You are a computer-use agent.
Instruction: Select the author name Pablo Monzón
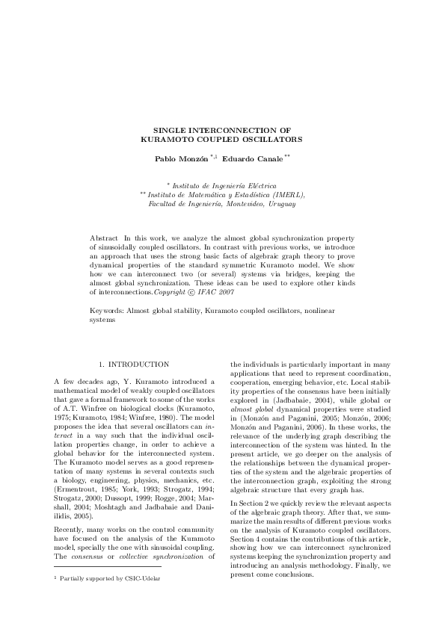pyautogui.click(x=182, y=159)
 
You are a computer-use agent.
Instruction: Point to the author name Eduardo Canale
pyautogui.click(x=252, y=159)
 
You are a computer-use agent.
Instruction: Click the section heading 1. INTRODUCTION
pyautogui.click(x=135, y=364)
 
